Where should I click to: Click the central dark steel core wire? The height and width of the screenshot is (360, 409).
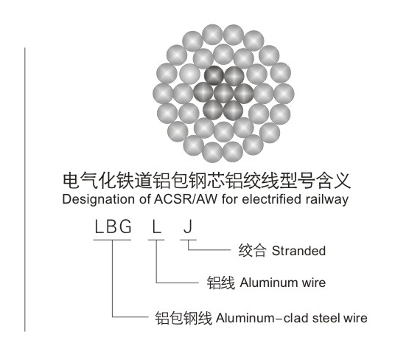pyautogui.click(x=223, y=93)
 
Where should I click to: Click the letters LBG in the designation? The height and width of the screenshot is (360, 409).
pyautogui.click(x=113, y=226)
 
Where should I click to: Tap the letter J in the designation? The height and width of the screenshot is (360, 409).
pyautogui.click(x=188, y=226)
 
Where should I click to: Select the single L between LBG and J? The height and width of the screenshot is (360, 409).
pyautogui.click(x=156, y=226)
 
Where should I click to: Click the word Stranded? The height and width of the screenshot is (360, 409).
pyautogui.click(x=298, y=251)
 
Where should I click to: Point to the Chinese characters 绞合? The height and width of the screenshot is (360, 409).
pyautogui.click(x=252, y=251)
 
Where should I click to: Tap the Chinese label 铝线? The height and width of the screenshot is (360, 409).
pyautogui.click(x=220, y=283)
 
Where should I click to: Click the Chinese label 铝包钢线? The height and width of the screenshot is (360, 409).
pyautogui.click(x=183, y=318)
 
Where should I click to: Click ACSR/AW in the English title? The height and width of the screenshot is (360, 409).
pyautogui.click(x=186, y=199)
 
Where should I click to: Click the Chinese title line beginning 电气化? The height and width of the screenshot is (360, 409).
pyautogui.click(x=206, y=181)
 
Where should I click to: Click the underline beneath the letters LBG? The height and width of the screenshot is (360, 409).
pyautogui.click(x=112, y=240)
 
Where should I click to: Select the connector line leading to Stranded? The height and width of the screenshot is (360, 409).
pyautogui.click(x=209, y=250)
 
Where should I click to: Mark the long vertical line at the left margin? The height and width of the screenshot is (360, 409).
pyautogui.click(x=25, y=190)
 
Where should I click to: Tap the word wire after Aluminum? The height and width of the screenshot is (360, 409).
pyautogui.click(x=313, y=283)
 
